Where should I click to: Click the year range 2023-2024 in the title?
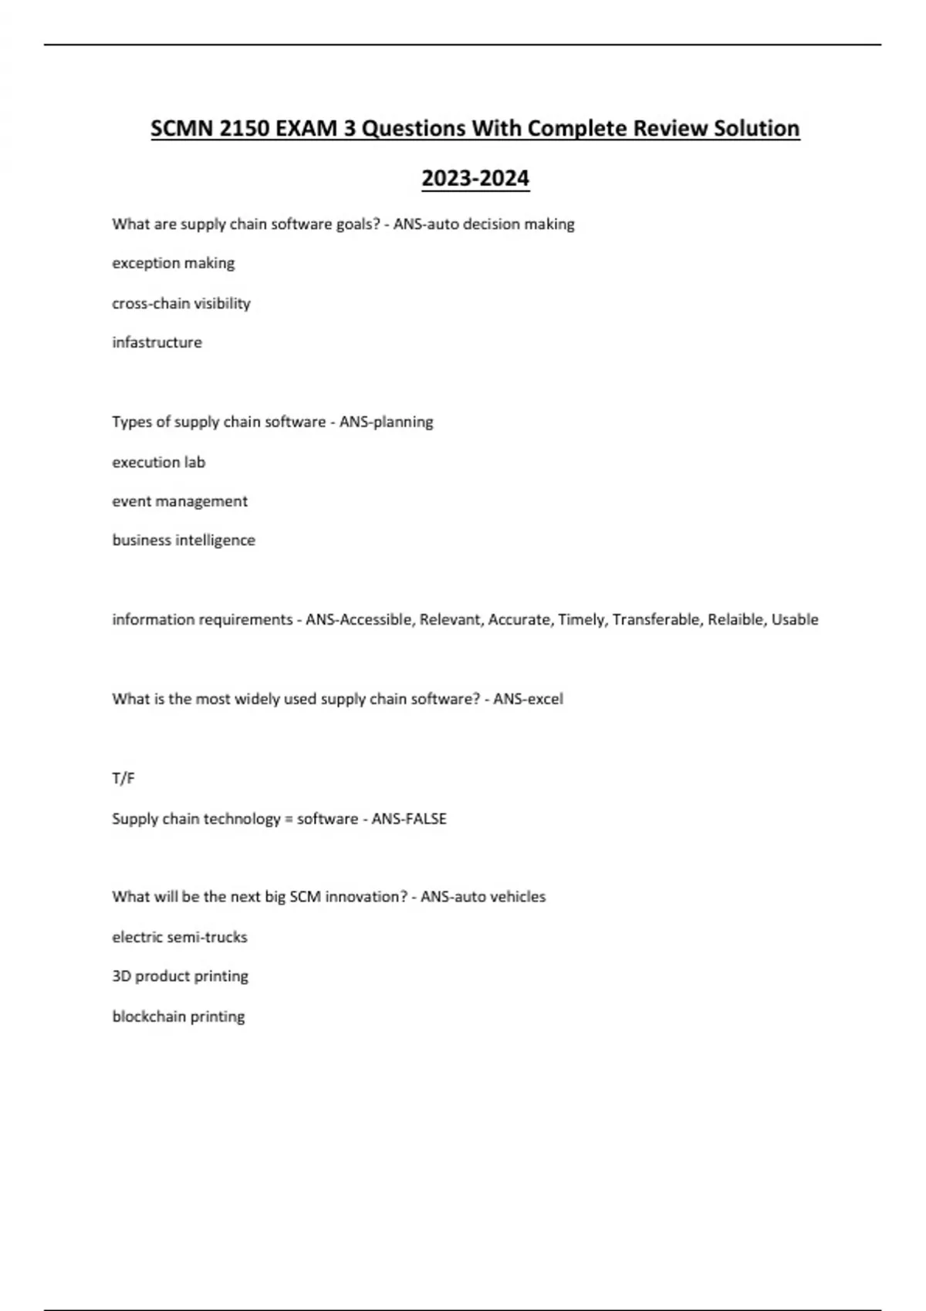pos(475,178)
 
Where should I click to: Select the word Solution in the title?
pos(756,128)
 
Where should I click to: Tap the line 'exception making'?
pos(174,263)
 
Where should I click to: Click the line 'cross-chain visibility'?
pos(181,303)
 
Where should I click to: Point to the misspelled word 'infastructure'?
pos(157,342)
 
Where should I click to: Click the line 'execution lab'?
pos(159,462)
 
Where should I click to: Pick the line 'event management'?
pos(180,501)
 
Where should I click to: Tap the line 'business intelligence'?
pos(184,541)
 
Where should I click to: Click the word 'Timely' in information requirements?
pos(581,619)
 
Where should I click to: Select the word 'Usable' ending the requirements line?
pos(795,619)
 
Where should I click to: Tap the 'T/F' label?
pos(123,779)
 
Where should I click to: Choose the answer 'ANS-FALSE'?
pos(409,819)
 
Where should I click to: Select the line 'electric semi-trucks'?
pos(180,937)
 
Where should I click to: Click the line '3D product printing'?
pos(181,976)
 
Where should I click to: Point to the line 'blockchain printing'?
pos(179,1016)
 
